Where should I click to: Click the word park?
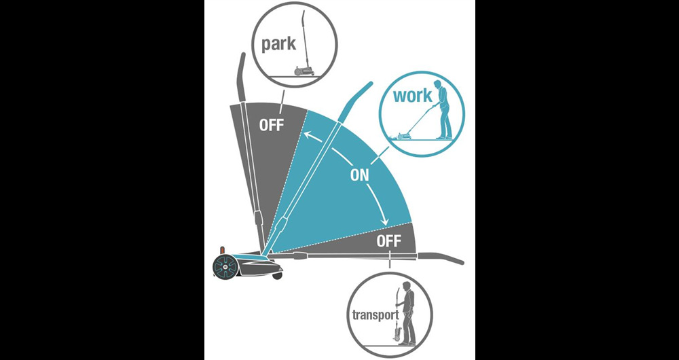click(279, 43)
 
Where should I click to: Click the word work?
click(413, 95)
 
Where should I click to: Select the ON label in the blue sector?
click(359, 175)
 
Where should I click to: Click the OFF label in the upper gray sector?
click(271, 125)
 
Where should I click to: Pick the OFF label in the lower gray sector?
click(389, 241)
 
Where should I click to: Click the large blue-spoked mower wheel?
click(226, 265)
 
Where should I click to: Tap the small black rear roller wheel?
click(278, 276)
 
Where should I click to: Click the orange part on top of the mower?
click(223, 250)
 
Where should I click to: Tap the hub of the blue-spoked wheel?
click(226, 265)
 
